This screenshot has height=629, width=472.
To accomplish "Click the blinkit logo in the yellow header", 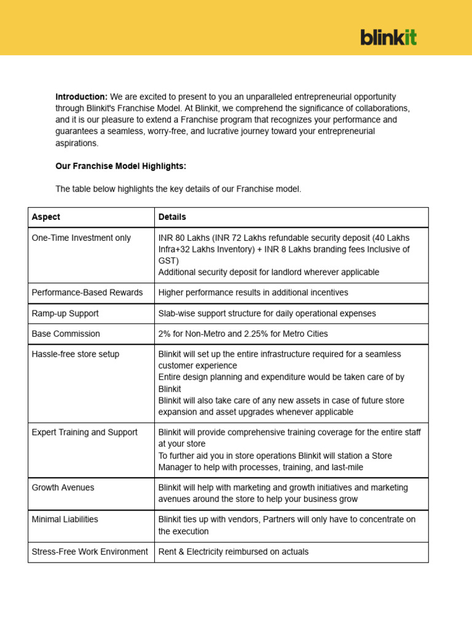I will coord(388,37).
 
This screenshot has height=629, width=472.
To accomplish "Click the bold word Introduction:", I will coord(81,96).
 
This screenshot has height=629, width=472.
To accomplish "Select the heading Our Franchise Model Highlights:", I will coord(120,166).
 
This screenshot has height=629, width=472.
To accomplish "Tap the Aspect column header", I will coord(46,217).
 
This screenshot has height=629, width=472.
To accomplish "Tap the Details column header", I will coord(172,217).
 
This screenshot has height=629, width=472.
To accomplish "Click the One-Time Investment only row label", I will coord(81,238).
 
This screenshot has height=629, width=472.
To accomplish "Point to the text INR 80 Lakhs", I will coord(183,238).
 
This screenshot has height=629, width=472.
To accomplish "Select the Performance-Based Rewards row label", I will coord(87,292).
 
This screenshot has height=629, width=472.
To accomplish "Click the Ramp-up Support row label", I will coord(65,313).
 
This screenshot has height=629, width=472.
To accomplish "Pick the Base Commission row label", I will coord(66,334).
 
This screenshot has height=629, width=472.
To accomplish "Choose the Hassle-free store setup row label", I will coord(76,354).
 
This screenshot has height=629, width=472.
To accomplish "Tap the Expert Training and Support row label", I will coord(85,432).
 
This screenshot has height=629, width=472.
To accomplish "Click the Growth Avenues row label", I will coord(63,487).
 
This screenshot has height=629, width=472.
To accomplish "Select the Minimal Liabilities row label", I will coord(65,519).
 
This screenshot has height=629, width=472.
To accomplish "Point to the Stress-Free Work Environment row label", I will coord(90,552).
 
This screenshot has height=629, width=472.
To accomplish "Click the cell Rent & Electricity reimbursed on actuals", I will coord(234,552).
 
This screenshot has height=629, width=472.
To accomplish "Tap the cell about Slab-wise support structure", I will coord(267,313).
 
